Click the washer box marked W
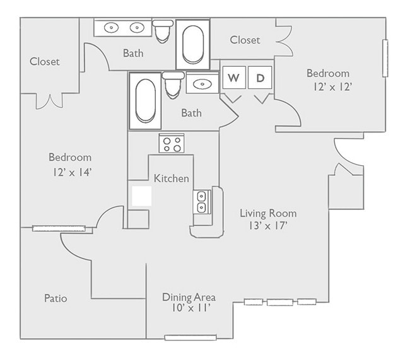(x=233, y=78)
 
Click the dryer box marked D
(x=260, y=78)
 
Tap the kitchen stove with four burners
(x=172, y=144)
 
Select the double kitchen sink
(x=202, y=202)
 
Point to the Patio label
(x=56, y=298)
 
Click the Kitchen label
(x=172, y=178)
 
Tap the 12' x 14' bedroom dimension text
(x=70, y=171)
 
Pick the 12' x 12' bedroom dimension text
(x=328, y=87)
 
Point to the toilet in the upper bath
(x=164, y=30)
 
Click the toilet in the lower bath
(x=173, y=84)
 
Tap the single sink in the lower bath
(x=202, y=84)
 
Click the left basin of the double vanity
(x=112, y=27)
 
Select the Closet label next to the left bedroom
(x=45, y=61)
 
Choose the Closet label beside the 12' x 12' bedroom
(x=245, y=40)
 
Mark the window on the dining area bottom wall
(x=190, y=337)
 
